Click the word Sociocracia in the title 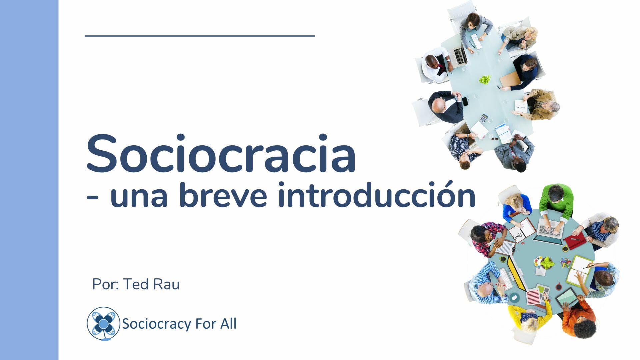221,153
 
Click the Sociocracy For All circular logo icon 103,324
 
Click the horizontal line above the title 200,36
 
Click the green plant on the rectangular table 485,80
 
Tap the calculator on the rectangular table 484,118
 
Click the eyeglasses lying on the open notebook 518,236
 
